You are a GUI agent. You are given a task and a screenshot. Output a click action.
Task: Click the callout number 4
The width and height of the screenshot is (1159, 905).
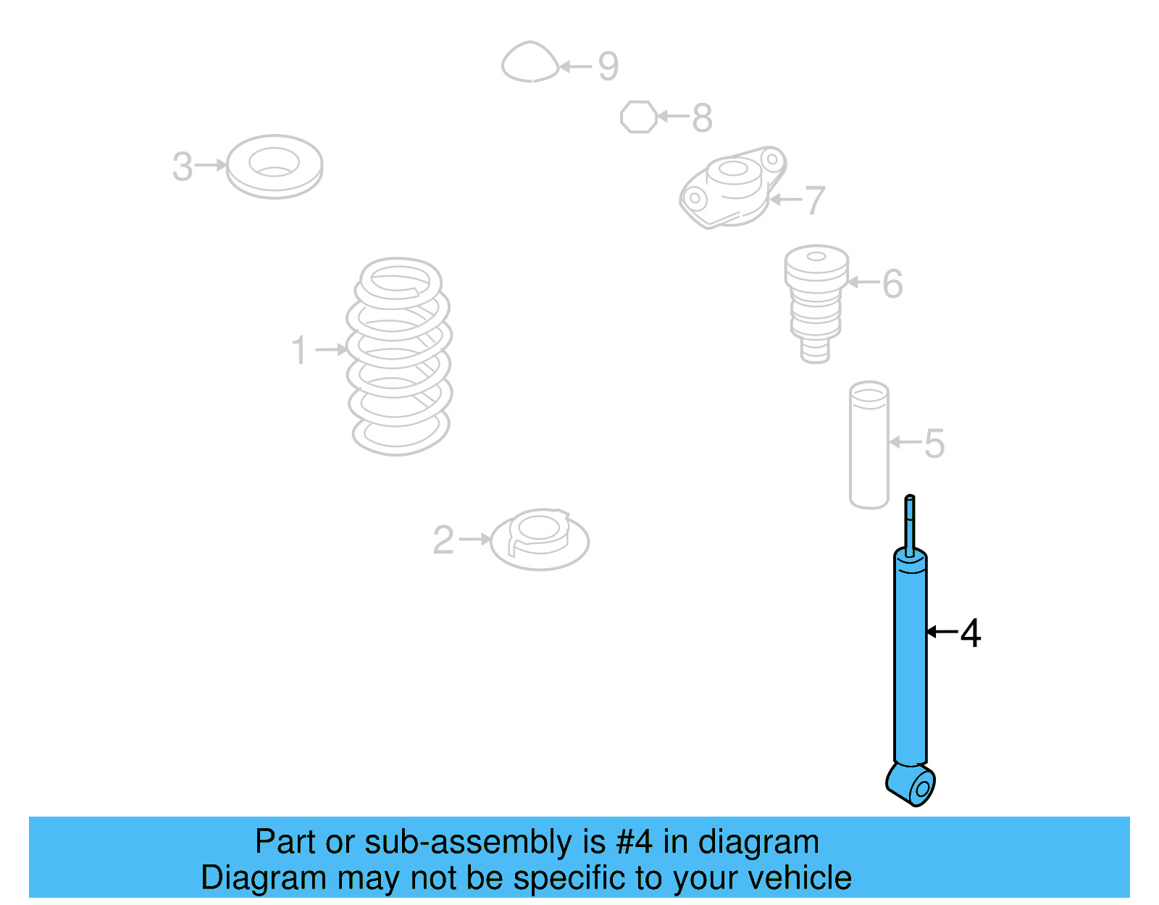pos(971,633)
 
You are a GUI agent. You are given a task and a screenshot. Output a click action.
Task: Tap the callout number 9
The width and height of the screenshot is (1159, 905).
pos(608,67)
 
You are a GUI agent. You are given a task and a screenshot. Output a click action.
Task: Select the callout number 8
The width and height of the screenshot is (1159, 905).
pos(702,117)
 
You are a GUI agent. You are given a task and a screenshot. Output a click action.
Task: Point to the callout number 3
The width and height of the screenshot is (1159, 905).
pos(183,167)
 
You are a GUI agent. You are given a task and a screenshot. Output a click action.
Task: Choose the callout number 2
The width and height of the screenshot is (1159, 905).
pos(443,540)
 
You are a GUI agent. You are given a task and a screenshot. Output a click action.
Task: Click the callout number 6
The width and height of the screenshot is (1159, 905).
pos(892,283)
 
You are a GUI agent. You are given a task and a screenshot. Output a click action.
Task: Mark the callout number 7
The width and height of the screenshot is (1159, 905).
pos(815,200)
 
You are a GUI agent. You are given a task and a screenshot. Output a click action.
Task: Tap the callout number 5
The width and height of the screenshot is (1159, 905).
pos(934,443)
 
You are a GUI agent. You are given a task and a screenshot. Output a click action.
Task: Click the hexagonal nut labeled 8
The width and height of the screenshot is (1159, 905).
pos(639,117)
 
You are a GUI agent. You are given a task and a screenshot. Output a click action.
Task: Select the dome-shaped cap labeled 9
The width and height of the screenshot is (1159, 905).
pos(530,62)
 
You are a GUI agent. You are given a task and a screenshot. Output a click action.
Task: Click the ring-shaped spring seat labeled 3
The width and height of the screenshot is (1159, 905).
pos(275,167)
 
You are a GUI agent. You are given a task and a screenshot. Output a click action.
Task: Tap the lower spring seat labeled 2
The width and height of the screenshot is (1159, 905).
pos(540,540)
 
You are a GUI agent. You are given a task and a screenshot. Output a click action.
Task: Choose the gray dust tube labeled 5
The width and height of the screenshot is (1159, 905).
pos(869,446)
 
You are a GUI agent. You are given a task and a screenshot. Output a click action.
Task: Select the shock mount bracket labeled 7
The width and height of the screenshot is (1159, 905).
pos(732,188)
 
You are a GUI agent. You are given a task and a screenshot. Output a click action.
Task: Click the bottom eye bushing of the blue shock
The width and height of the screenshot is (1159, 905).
pos(913,785)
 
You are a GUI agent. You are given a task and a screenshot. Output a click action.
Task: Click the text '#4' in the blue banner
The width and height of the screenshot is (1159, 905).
pos(635,842)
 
